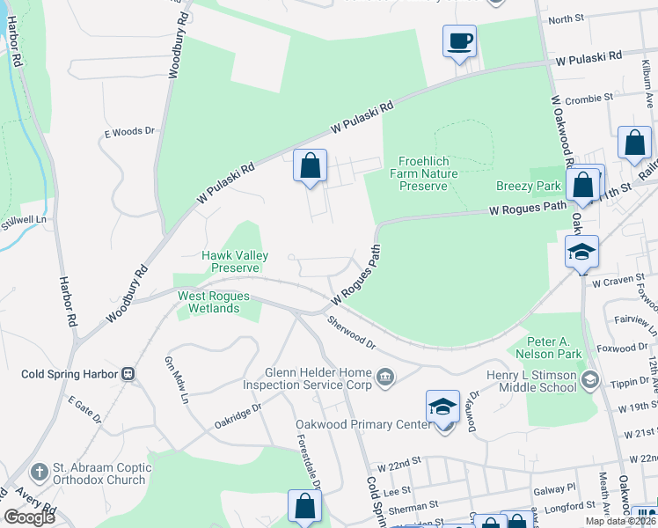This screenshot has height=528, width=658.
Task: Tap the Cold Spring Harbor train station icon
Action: pos(128,374)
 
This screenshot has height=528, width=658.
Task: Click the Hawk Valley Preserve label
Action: pos(231,261)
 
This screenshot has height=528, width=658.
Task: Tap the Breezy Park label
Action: pos(528,186)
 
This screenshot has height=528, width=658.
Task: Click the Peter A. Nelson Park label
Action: pos(555,348)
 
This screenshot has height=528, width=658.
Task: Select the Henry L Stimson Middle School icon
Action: pos(589,380)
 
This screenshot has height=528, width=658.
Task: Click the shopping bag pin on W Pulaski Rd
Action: pos(310,165)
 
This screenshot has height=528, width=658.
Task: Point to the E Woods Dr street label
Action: pos(129,132)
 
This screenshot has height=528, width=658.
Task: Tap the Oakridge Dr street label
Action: pos(238,418)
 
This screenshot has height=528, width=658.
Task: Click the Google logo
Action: pos(30,517)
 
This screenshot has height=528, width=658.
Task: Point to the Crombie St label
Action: pos(587,100)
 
